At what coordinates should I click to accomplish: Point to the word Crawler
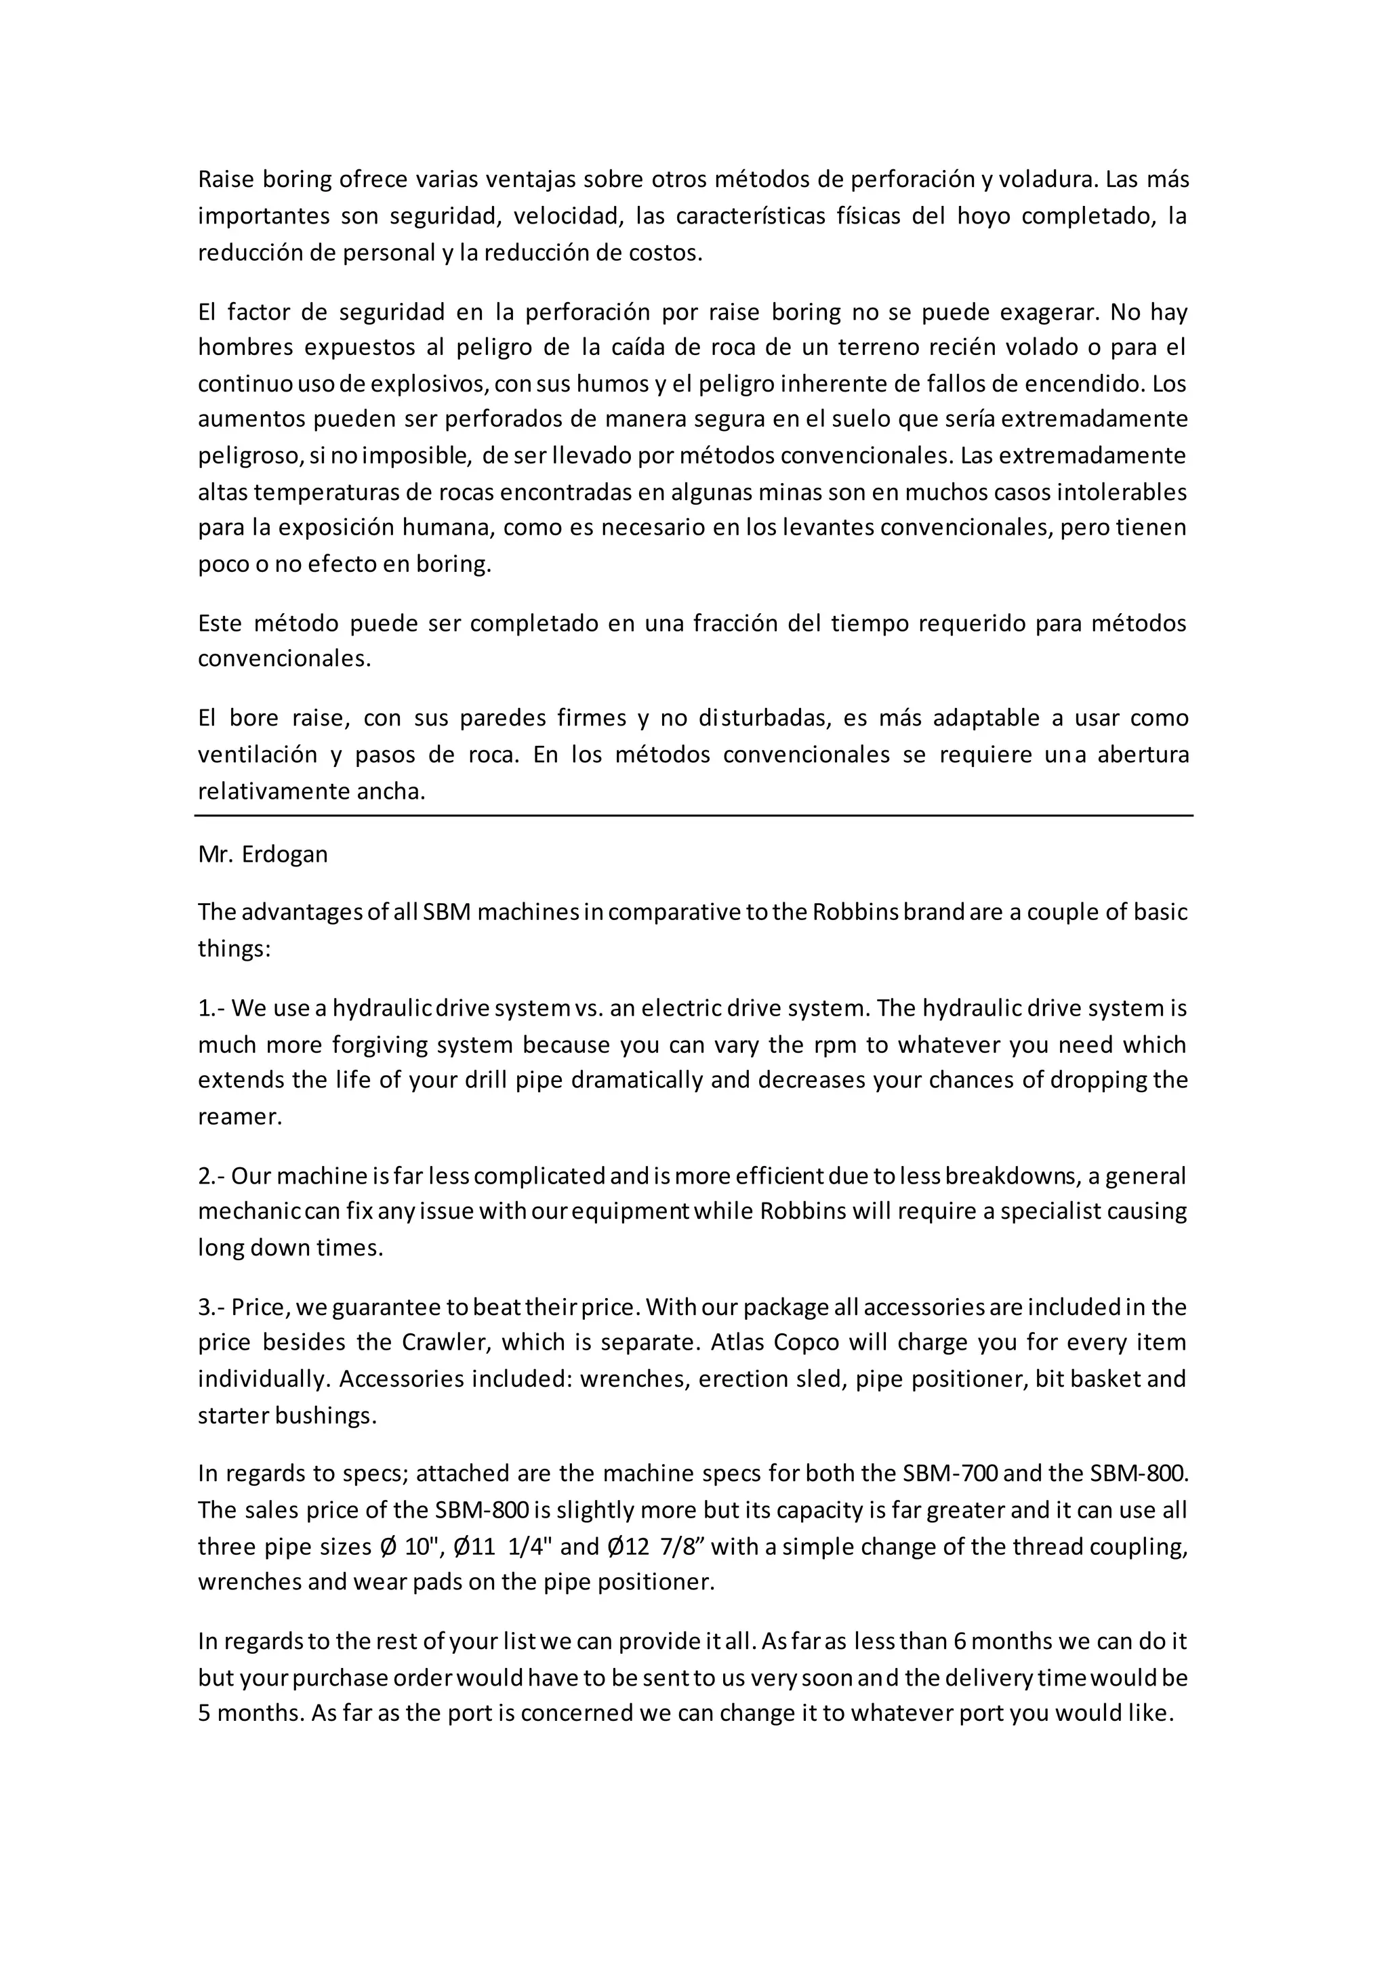[445, 1343]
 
